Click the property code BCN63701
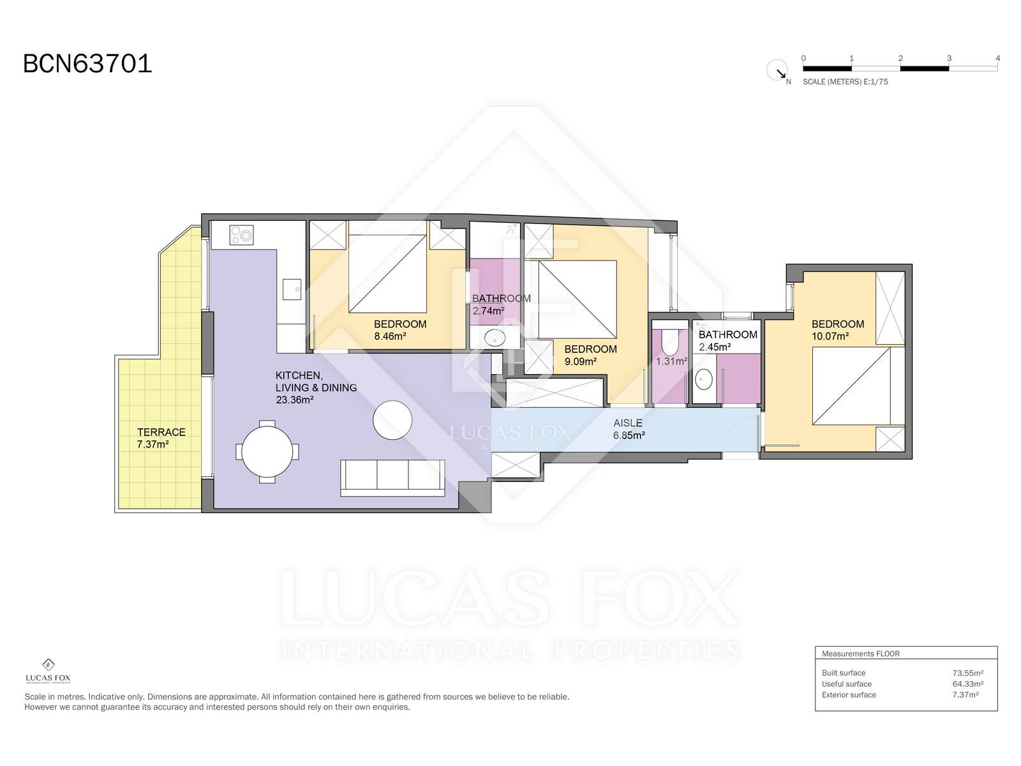click(x=87, y=64)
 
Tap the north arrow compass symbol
click(x=777, y=70)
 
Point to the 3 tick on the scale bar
click(x=949, y=59)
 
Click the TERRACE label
click(x=161, y=432)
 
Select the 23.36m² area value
click(x=294, y=400)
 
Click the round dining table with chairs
click(x=267, y=451)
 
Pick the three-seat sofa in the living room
click(x=392, y=477)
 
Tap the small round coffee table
click(x=392, y=420)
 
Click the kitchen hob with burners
click(x=242, y=236)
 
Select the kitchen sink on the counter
click(x=292, y=289)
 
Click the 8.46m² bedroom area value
click(x=391, y=336)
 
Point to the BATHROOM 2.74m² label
click(x=501, y=304)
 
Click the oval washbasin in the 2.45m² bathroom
click(x=704, y=380)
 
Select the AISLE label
click(x=628, y=423)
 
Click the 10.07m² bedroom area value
click(x=830, y=336)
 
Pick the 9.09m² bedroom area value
click(x=581, y=361)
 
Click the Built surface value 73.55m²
click(x=967, y=673)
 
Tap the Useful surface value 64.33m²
click(x=967, y=684)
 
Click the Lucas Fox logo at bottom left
click(x=48, y=671)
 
